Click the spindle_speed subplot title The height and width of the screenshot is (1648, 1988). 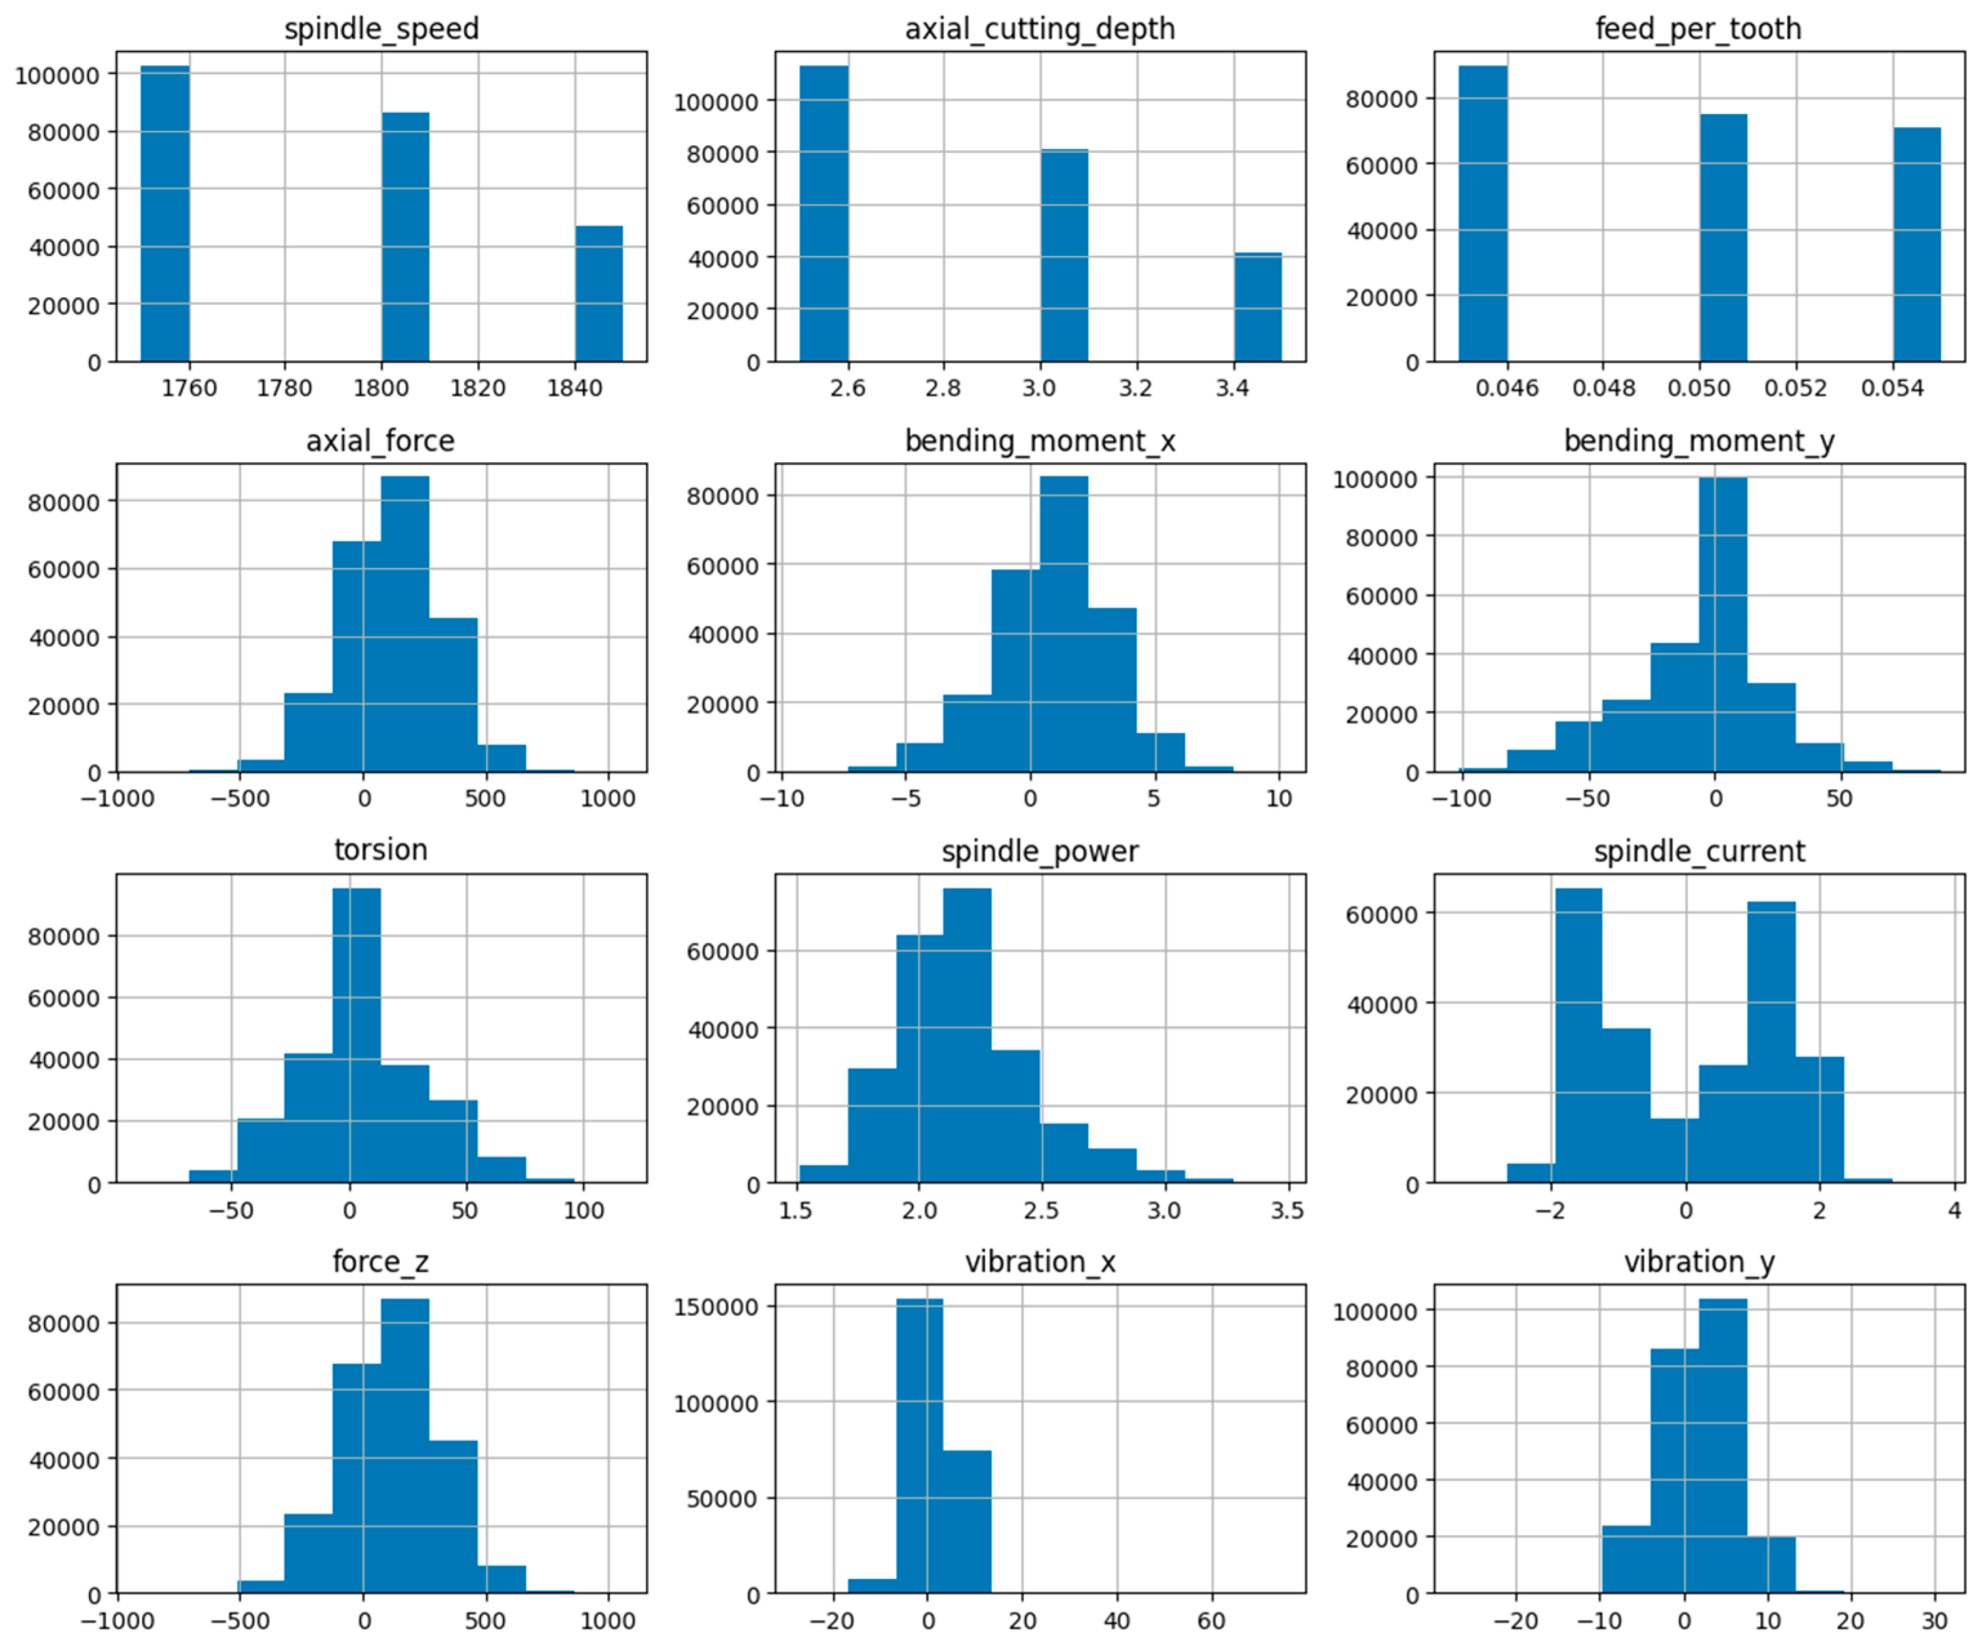pyautogui.click(x=382, y=28)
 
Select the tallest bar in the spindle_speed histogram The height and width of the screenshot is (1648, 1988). pyautogui.click(x=165, y=213)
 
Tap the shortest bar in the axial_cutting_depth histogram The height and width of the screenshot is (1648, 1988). pyautogui.click(x=1257, y=307)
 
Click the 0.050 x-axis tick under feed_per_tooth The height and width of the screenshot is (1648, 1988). pyautogui.click(x=1699, y=388)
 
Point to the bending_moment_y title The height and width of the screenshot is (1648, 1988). pyautogui.click(x=1699, y=441)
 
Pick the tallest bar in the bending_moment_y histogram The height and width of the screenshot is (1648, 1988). pyautogui.click(x=1723, y=625)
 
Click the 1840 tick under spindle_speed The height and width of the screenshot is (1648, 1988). pyautogui.click(x=574, y=388)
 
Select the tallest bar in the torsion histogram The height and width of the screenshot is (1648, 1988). pyautogui.click(x=357, y=1036)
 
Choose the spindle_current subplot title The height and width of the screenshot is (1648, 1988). pyautogui.click(x=1699, y=851)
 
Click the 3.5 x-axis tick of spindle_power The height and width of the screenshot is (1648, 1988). pyautogui.click(x=1287, y=1210)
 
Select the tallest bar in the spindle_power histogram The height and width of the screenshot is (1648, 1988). pyautogui.click(x=968, y=1036)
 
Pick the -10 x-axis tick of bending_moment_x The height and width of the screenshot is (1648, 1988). pyautogui.click(x=782, y=798)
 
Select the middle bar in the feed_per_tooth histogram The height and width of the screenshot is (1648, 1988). pyautogui.click(x=1723, y=238)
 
